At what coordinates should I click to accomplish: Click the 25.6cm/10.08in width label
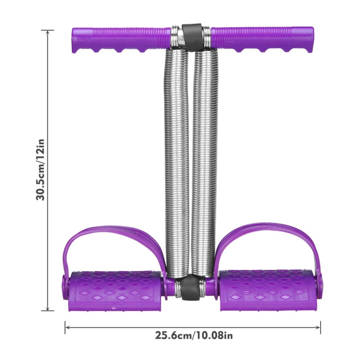194,336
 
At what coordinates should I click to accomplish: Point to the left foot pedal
115,290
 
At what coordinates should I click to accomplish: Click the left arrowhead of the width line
67,327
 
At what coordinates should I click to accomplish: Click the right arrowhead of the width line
319,327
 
